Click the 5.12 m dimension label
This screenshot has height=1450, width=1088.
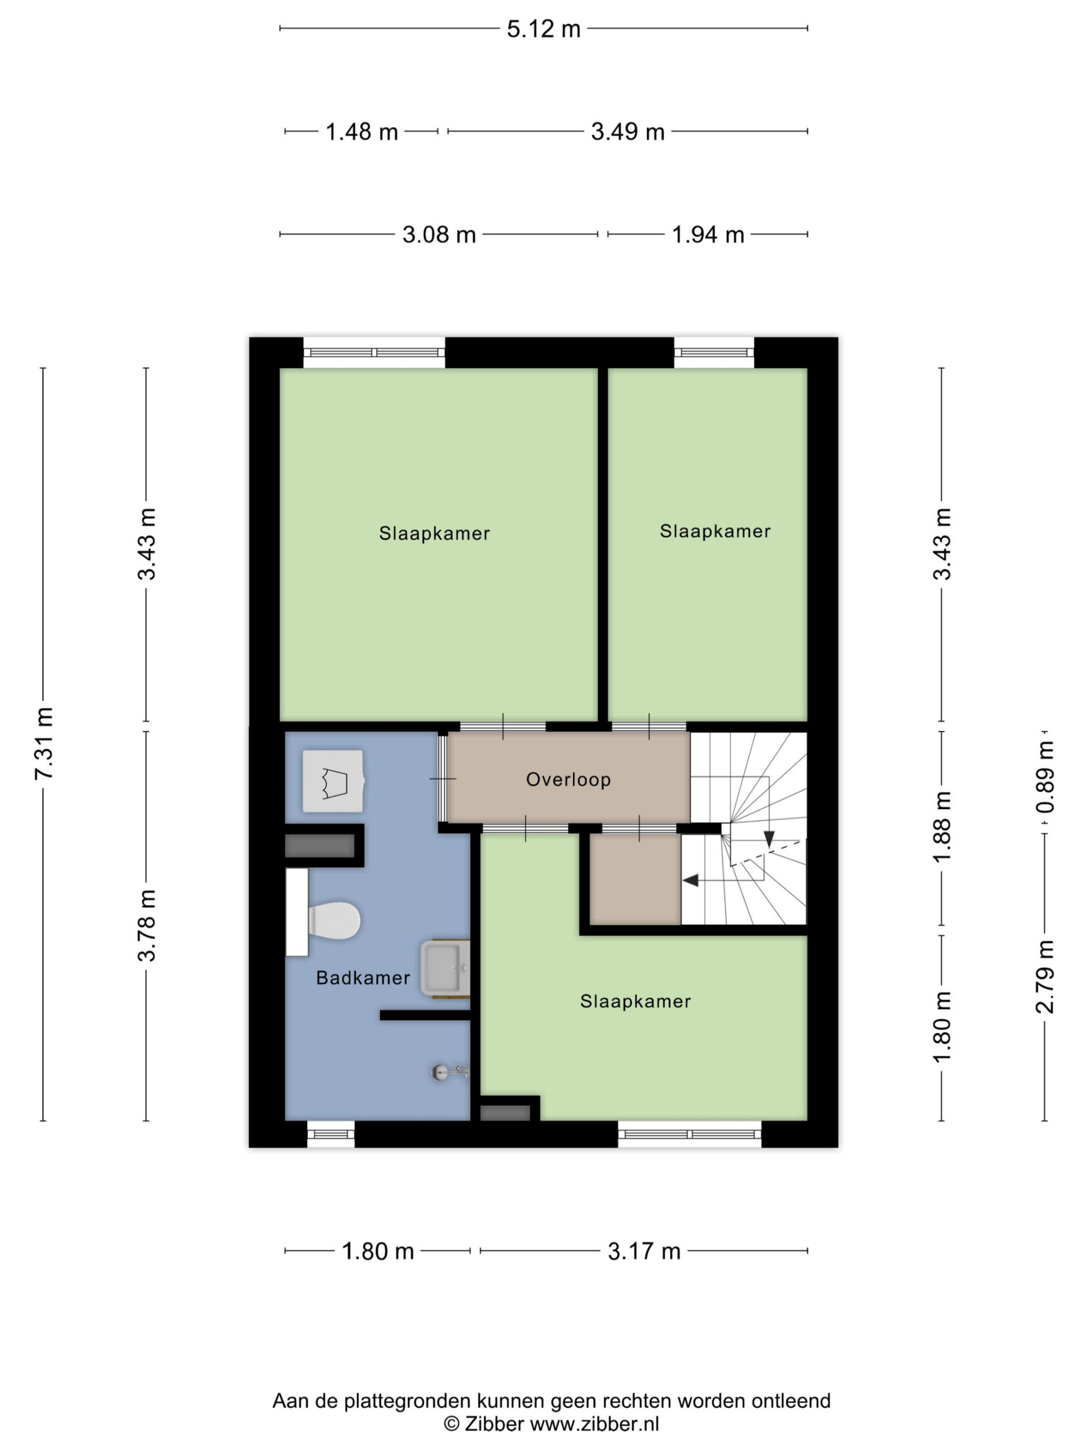pyautogui.click(x=543, y=29)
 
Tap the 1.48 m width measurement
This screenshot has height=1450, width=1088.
pyautogui.click(x=362, y=132)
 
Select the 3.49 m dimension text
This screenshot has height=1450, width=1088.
pyautogui.click(x=628, y=132)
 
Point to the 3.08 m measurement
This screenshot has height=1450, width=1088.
pyautogui.click(x=439, y=234)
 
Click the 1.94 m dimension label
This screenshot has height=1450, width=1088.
pyautogui.click(x=708, y=234)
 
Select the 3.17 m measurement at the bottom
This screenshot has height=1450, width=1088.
pyautogui.click(x=644, y=1251)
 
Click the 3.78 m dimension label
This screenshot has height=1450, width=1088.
pyautogui.click(x=147, y=926)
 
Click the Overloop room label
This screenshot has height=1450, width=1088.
pyautogui.click(x=568, y=779)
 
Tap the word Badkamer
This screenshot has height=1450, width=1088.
pyautogui.click(x=363, y=978)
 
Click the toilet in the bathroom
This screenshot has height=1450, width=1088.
pyautogui.click(x=324, y=920)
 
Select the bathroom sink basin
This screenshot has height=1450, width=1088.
pyautogui.click(x=445, y=967)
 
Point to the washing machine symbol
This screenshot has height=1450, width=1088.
pyautogui.click(x=333, y=782)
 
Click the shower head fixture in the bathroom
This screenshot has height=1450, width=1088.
pyautogui.click(x=450, y=1072)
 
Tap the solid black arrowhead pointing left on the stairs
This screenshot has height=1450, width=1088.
pyautogui.click(x=691, y=880)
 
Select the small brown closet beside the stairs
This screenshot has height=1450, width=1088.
pyautogui.click(x=635, y=879)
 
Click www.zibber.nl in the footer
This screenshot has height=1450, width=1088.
pyautogui.click(x=594, y=1424)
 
